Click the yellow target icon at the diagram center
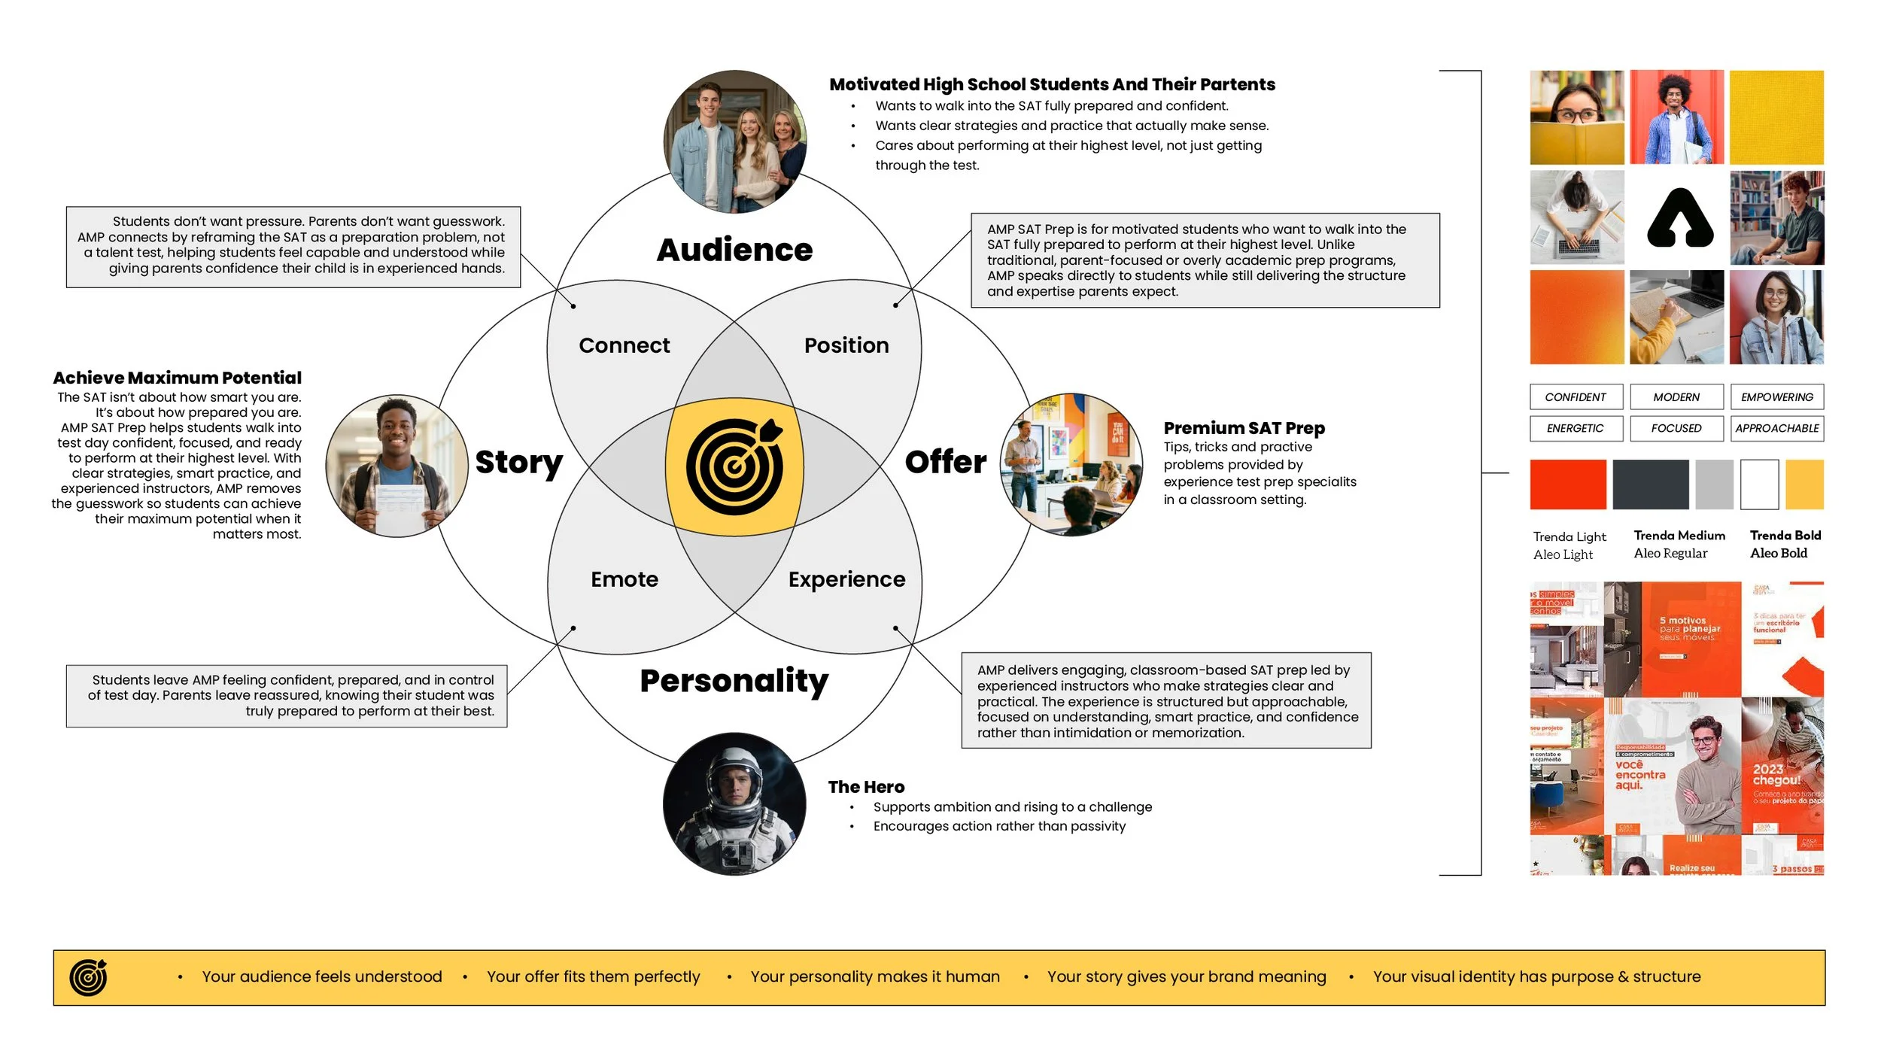(734, 466)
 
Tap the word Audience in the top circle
(734, 250)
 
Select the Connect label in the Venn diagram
(624, 345)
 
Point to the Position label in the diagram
(846, 345)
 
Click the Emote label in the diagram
(624, 579)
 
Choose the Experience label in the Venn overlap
(846, 579)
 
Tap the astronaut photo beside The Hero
(734, 803)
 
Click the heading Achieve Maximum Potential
(177, 378)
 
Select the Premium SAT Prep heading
(1244, 428)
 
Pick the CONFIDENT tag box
(1576, 397)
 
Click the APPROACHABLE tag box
(1776, 429)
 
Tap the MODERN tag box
(1676, 397)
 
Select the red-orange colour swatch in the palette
(1568, 484)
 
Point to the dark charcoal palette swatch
(1651, 484)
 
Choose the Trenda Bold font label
(1785, 536)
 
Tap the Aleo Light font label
(1563, 554)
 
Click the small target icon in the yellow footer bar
(88, 977)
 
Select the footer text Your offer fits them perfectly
(593, 977)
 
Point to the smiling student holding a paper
(397, 466)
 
